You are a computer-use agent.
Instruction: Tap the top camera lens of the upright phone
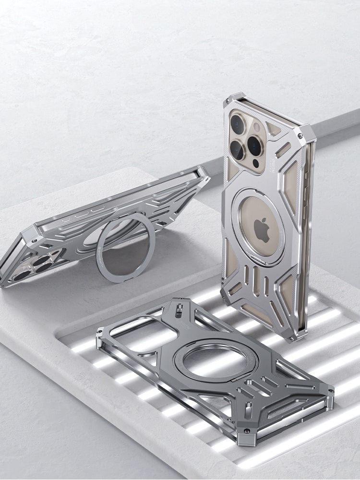238,124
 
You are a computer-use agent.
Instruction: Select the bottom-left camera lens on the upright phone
237,150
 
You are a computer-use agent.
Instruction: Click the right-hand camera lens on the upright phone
254,145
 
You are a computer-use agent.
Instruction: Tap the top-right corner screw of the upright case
300,136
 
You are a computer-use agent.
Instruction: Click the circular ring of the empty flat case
216,357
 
